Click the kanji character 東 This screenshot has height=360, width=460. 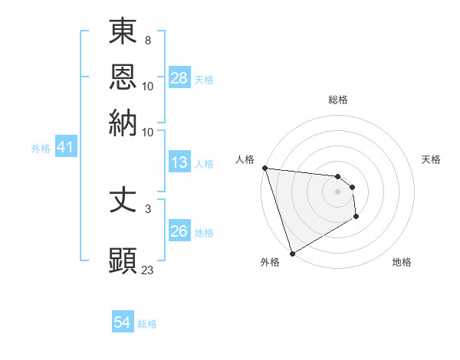(123, 32)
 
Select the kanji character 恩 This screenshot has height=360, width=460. (123, 77)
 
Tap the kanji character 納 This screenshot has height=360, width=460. (123, 123)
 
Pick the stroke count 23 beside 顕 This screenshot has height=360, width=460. (148, 270)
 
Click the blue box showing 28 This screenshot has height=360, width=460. (179, 77)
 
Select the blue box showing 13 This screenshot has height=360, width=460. (179, 162)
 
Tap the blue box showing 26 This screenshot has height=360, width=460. (179, 231)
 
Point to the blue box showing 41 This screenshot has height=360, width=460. (65, 148)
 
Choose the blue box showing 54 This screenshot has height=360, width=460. (123, 323)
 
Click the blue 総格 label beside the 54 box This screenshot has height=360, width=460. (147, 324)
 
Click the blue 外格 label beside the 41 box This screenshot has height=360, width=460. (41, 149)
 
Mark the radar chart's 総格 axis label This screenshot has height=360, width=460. (337, 100)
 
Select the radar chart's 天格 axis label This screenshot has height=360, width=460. (431, 159)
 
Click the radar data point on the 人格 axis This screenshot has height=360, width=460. (264, 168)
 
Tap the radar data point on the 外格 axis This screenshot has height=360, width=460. (292, 254)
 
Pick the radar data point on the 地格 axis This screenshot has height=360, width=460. (356, 218)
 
